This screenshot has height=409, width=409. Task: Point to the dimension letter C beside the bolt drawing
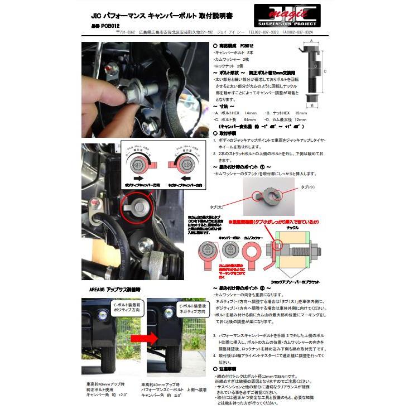click(325, 71)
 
